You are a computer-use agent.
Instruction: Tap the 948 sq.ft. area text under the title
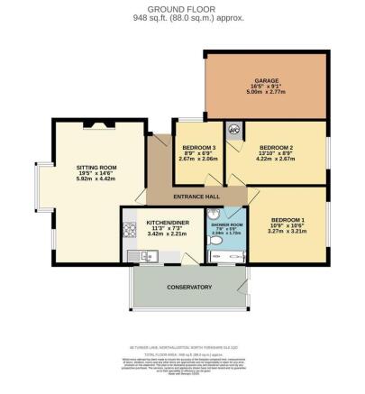coord(183,17)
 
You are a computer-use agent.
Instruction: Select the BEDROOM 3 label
coord(199,146)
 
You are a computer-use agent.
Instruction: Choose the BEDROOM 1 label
coord(289,221)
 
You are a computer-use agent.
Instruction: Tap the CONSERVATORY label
coord(188,288)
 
